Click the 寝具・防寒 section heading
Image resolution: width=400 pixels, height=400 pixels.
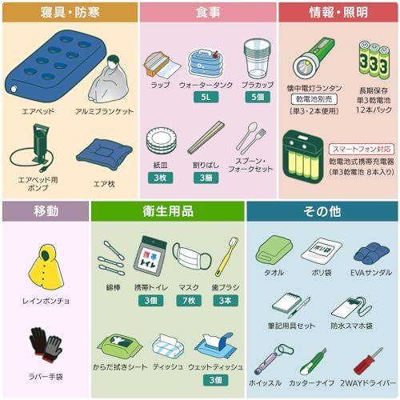tap(69, 13)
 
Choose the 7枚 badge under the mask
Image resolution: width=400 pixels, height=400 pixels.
tap(190, 301)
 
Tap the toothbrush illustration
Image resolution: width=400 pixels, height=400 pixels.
tap(226, 257)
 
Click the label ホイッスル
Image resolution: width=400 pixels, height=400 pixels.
tap(267, 382)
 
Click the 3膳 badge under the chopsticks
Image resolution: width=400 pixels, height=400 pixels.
tap(206, 178)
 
